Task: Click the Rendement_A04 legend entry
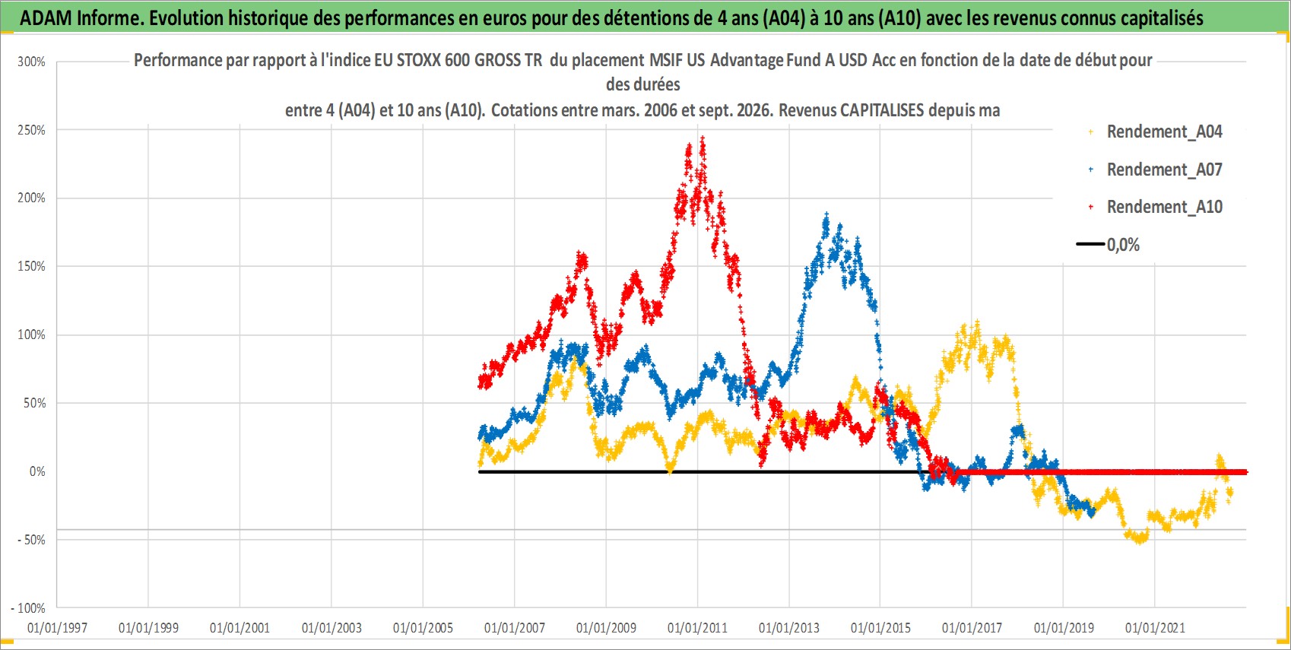[x=1156, y=132]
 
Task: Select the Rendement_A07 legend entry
[x=1156, y=170]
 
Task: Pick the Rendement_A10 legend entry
[x=1156, y=207]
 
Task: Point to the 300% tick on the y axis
[x=31, y=62]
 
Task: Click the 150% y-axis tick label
[x=31, y=266]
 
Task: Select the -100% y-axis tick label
[x=27, y=608]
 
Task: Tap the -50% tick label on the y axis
[x=30, y=540]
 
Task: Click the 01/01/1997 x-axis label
[x=57, y=628]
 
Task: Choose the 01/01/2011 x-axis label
[x=697, y=628]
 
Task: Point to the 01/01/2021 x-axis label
[x=1155, y=628]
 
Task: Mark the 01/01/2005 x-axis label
[x=423, y=628]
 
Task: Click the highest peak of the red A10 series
[x=702, y=139]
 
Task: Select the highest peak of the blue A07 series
[x=826, y=215]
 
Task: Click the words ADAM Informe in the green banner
[x=80, y=18]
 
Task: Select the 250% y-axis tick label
[x=31, y=130]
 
